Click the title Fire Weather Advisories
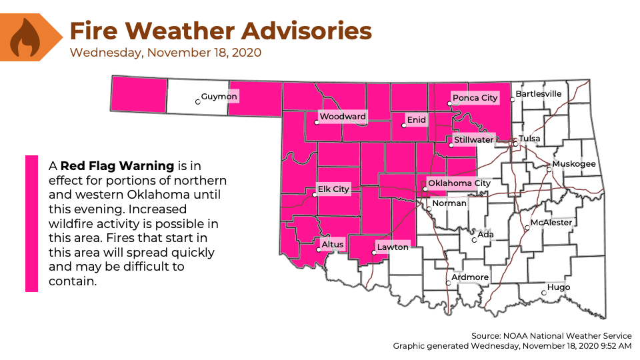click(x=221, y=31)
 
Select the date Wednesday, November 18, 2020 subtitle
click(x=165, y=52)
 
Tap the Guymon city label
click(x=219, y=97)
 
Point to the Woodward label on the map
click(x=342, y=117)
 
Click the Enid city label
click(x=416, y=120)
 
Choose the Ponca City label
click(x=475, y=98)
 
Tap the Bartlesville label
click(x=539, y=94)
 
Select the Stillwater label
click(x=473, y=140)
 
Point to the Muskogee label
click(x=574, y=164)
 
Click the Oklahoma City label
click(x=459, y=183)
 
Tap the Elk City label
click(x=333, y=189)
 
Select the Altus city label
click(x=333, y=245)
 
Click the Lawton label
click(x=392, y=247)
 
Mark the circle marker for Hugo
click(x=543, y=293)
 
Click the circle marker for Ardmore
click(x=448, y=283)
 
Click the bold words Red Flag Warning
click(x=117, y=165)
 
